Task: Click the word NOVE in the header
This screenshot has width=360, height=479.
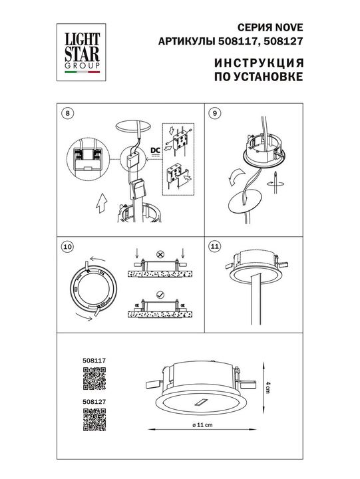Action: click(x=288, y=28)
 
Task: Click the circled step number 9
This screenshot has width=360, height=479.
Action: click(x=214, y=113)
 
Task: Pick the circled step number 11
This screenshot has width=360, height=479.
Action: click(x=214, y=247)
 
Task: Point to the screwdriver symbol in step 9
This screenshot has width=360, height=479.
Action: click(x=275, y=180)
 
